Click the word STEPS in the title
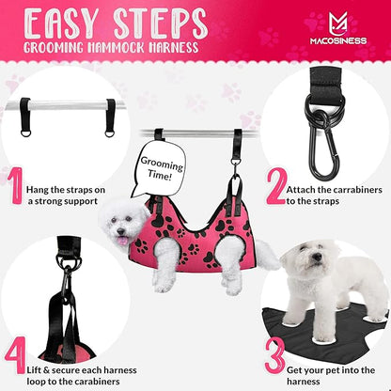(158, 22)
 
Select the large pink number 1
(16, 186)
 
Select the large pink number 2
(275, 186)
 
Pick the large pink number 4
(16, 355)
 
